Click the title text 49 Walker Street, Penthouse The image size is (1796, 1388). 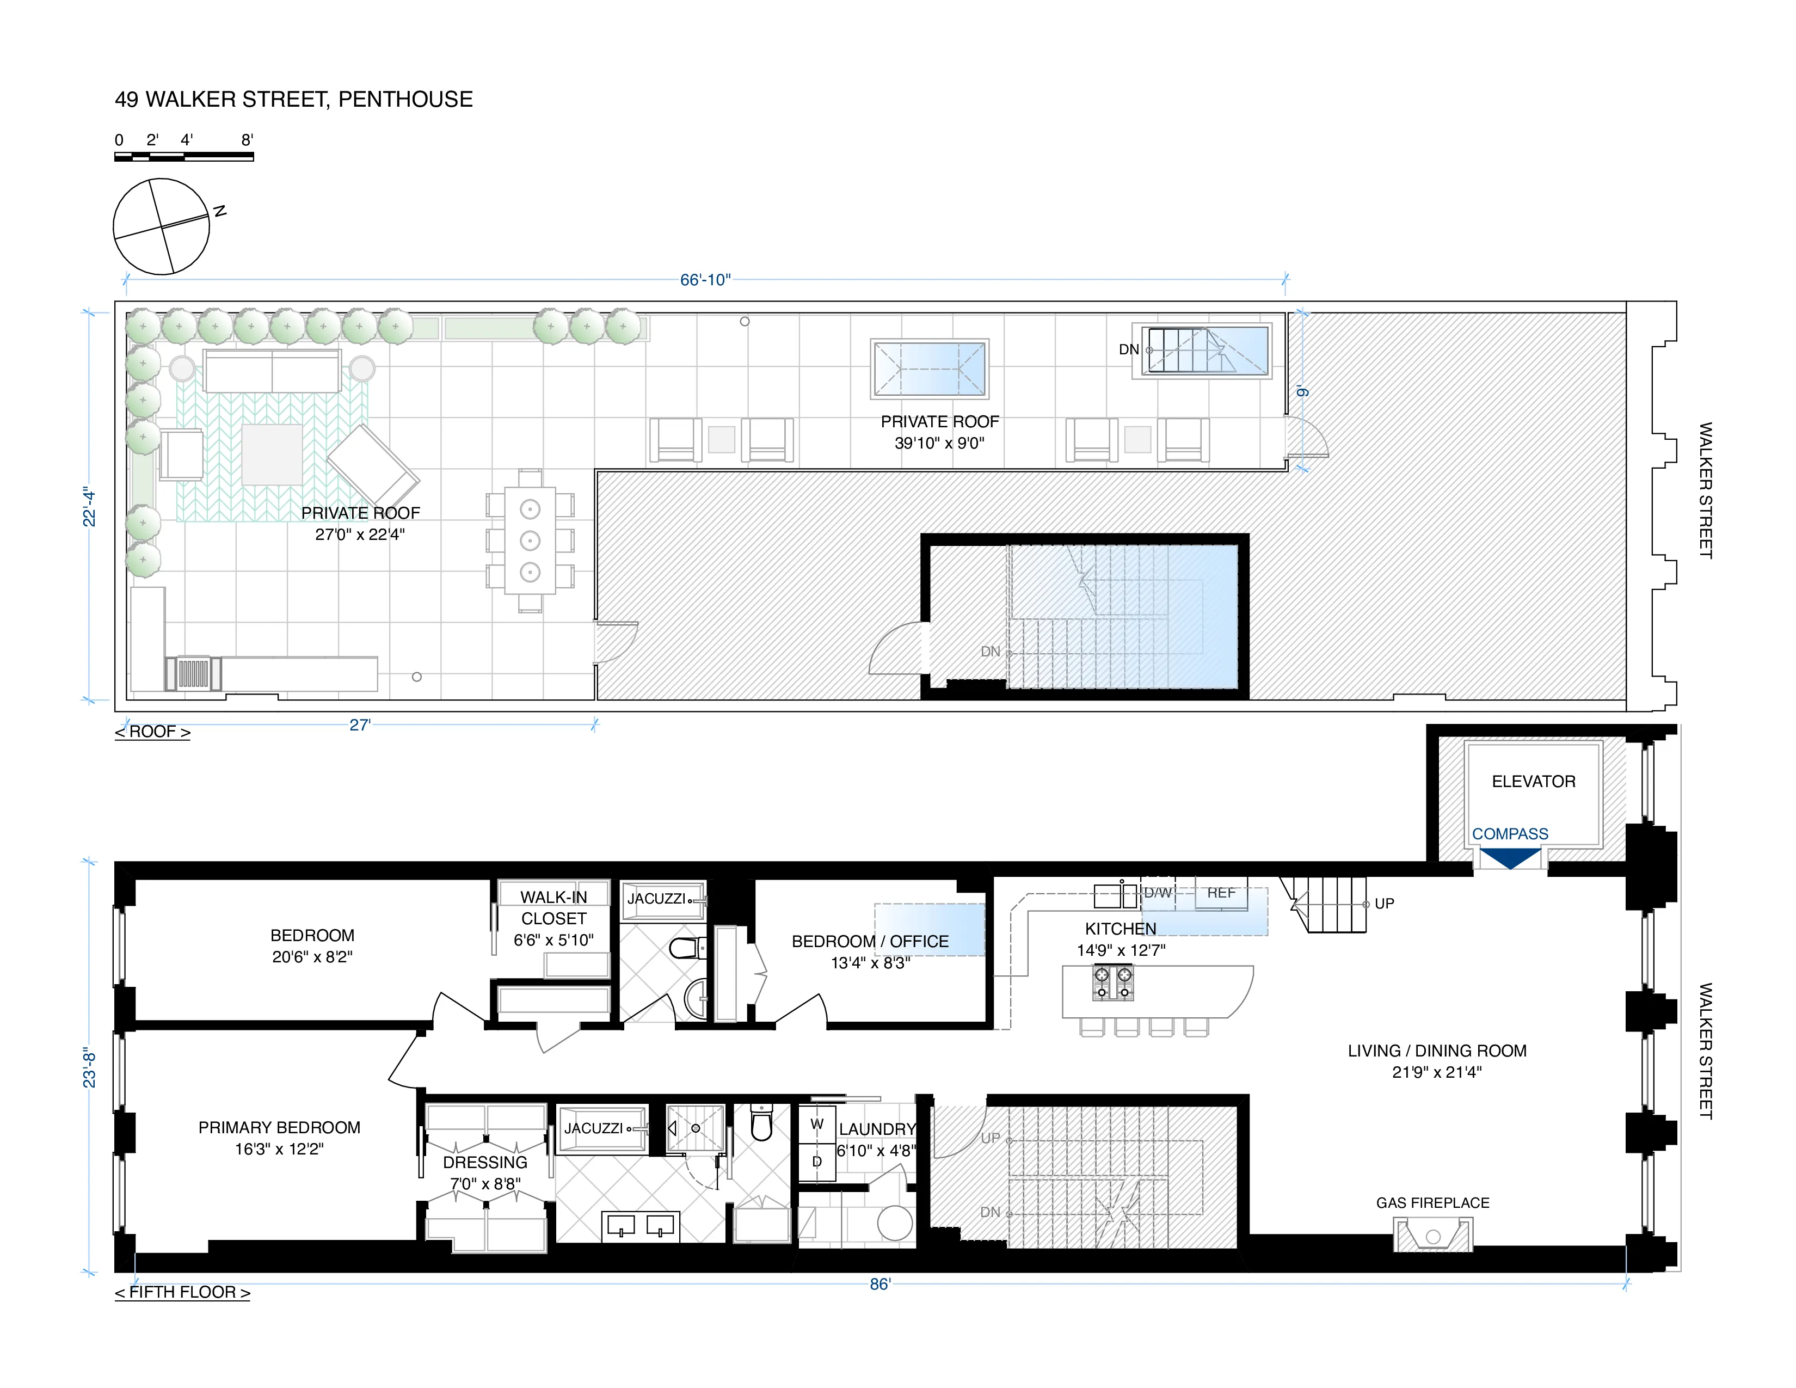[293, 100]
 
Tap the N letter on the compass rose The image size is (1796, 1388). [219, 211]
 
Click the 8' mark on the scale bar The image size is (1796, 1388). [247, 140]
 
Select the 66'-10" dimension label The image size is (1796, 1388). [705, 280]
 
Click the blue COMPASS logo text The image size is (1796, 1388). [1510, 834]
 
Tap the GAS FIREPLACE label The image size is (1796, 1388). [1432, 1202]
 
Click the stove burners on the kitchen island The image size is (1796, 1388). [1112, 982]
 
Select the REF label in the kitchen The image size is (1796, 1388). [1221, 893]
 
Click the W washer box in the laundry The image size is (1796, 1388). [816, 1124]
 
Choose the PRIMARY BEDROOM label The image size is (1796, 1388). [280, 1127]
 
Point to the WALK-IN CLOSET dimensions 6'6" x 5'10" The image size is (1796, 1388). [553, 940]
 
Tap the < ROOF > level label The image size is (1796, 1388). [152, 731]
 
